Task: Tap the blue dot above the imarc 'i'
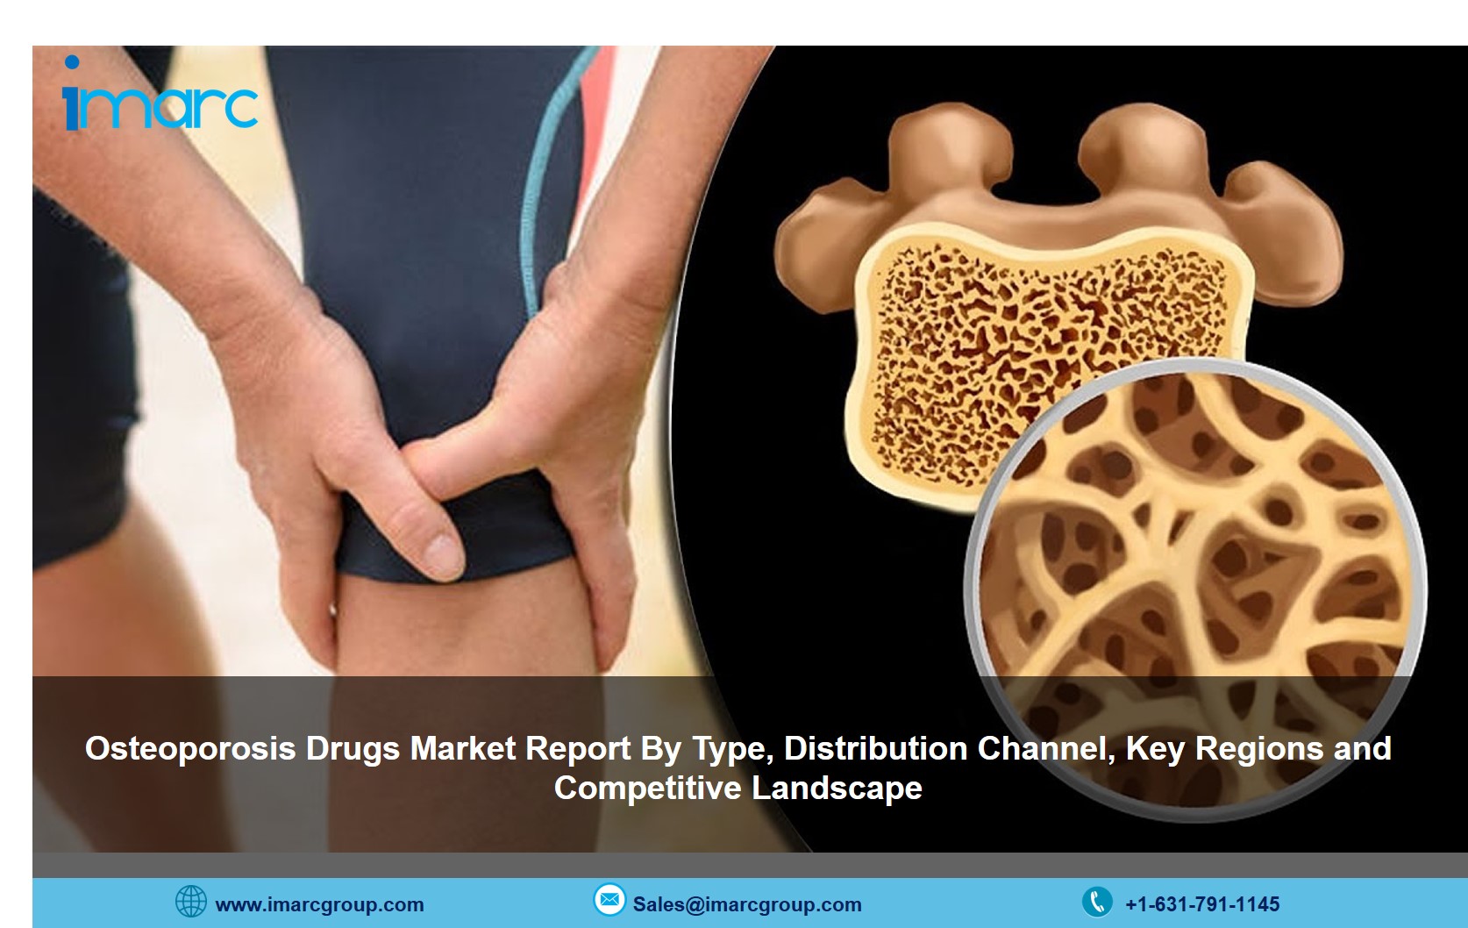(x=72, y=62)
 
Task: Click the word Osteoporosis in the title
(x=190, y=748)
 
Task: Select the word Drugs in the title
(x=353, y=749)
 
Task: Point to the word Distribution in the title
(x=875, y=748)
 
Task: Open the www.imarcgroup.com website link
(x=320, y=905)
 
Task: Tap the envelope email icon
(x=609, y=900)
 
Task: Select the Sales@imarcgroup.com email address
(x=747, y=904)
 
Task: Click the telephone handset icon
(x=1097, y=902)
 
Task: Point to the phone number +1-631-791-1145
(x=1202, y=904)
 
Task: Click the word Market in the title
(x=463, y=748)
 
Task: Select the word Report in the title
(x=578, y=749)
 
